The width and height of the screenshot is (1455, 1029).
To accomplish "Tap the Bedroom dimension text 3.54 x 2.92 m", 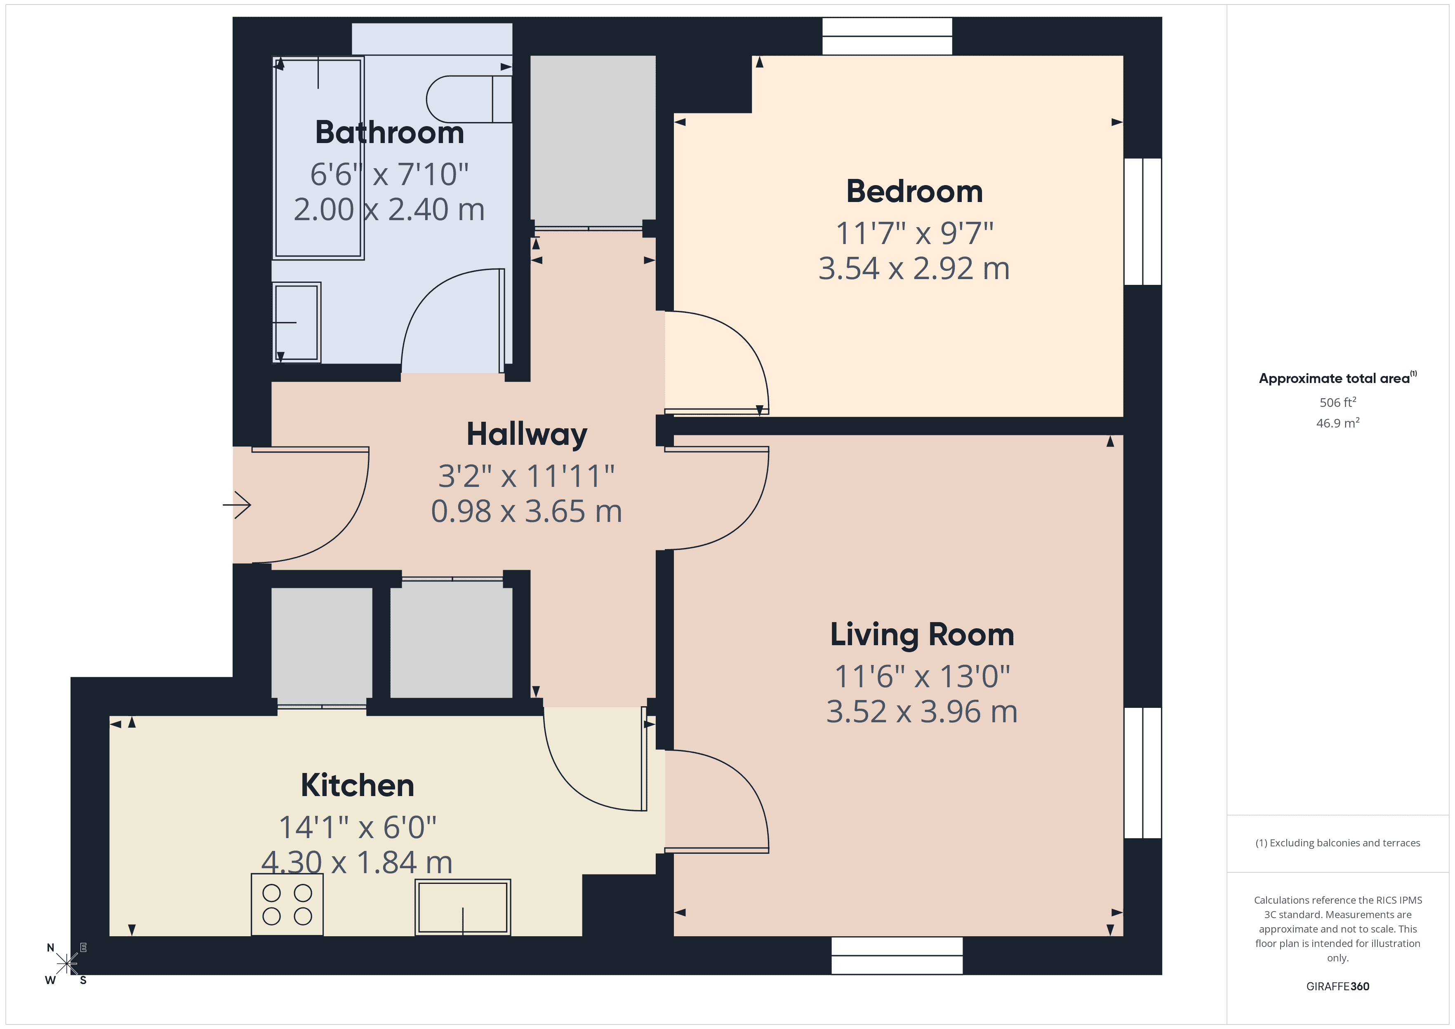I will (x=914, y=269).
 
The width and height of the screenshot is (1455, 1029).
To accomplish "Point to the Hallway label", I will (x=527, y=435).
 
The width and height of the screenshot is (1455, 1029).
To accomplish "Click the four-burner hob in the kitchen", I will (x=287, y=904).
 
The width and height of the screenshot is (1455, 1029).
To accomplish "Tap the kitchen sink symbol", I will (x=463, y=907).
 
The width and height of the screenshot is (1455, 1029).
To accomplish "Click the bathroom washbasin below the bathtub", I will (x=297, y=322).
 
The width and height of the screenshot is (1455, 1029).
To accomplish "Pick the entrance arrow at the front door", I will (x=238, y=505).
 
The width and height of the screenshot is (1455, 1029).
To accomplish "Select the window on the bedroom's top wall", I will (x=887, y=36).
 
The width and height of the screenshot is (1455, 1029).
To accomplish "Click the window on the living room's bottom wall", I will (x=897, y=956).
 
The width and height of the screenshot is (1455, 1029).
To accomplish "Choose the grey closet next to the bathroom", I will (x=593, y=139).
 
